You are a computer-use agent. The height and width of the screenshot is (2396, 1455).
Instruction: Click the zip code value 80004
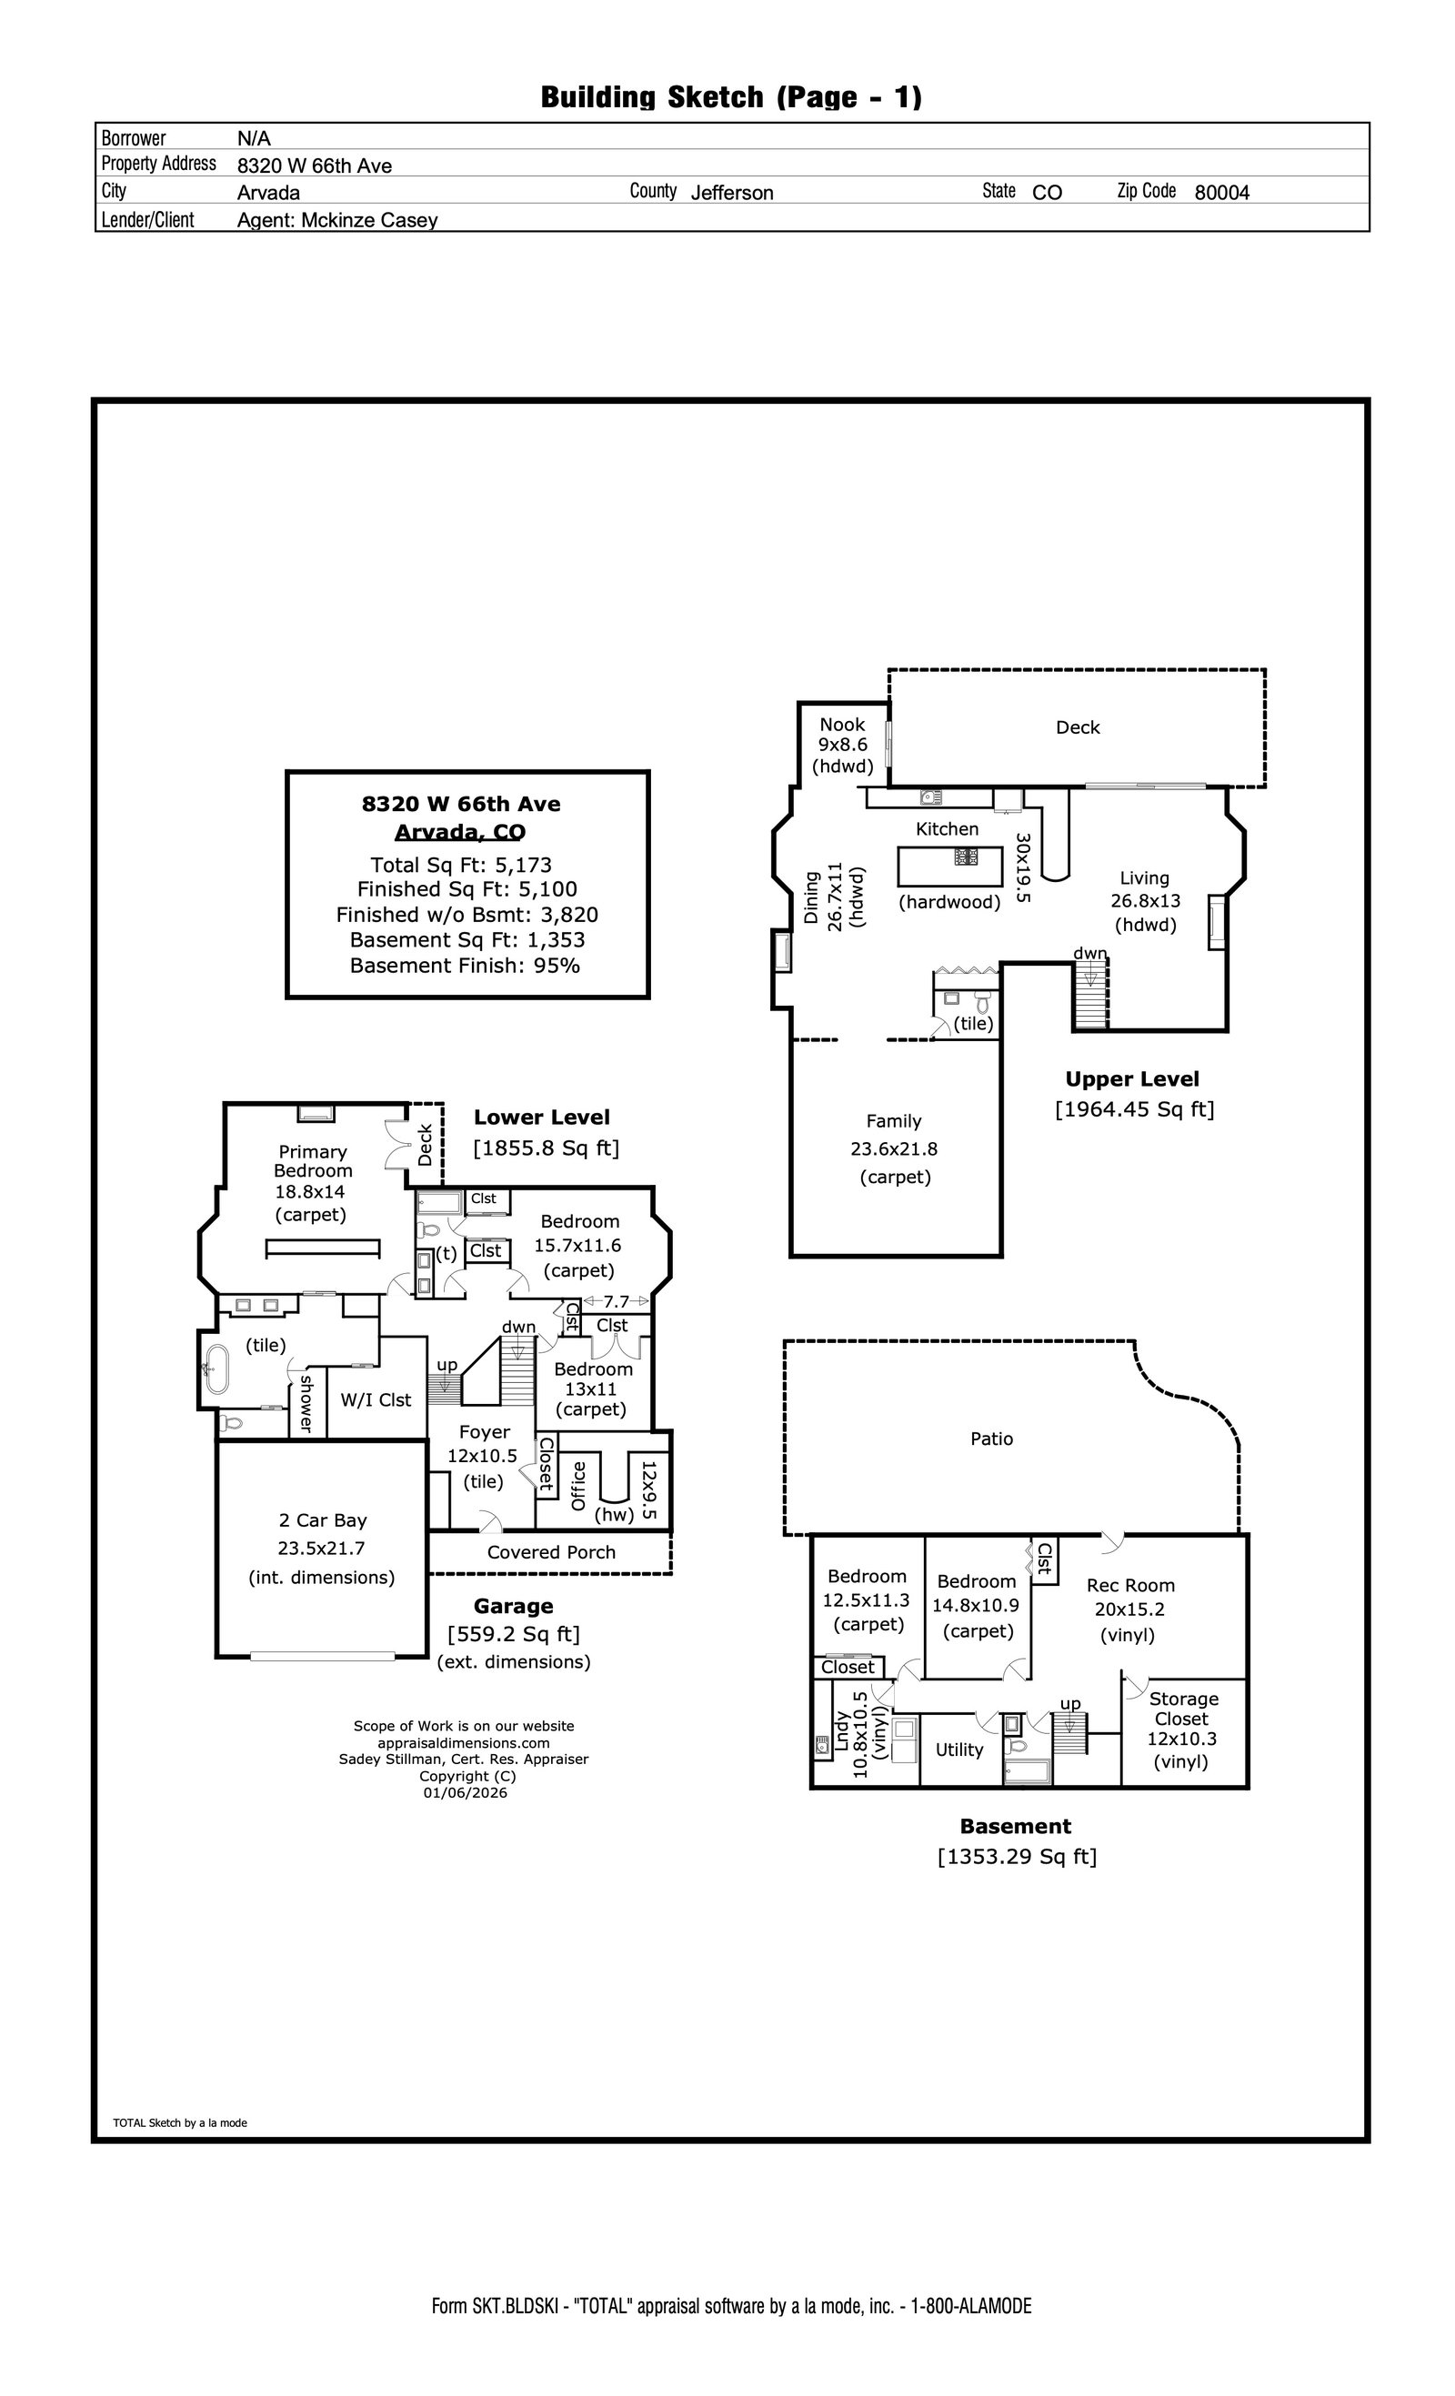pyautogui.click(x=1221, y=193)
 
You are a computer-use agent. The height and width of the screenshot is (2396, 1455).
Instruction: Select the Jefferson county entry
pyautogui.click(x=732, y=193)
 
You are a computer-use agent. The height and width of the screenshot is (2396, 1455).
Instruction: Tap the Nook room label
pyautogui.click(x=842, y=725)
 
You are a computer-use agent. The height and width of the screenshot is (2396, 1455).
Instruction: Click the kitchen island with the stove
pyautogui.click(x=949, y=865)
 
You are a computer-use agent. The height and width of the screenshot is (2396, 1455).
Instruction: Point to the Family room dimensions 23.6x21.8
pyautogui.click(x=894, y=1148)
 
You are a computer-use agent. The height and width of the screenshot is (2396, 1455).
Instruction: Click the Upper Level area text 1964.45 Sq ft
pyautogui.click(x=1134, y=1109)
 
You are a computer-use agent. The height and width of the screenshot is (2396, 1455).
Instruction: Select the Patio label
pyautogui.click(x=992, y=1439)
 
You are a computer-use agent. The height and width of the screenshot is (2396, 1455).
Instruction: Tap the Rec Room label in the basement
pyautogui.click(x=1130, y=1585)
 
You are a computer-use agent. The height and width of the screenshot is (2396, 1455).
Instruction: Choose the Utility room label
pyautogui.click(x=959, y=1749)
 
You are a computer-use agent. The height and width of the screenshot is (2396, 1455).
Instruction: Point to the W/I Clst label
pyautogui.click(x=376, y=1399)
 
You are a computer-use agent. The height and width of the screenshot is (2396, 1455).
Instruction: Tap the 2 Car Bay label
pyautogui.click(x=323, y=1519)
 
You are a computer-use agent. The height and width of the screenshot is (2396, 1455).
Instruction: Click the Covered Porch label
pyautogui.click(x=551, y=1552)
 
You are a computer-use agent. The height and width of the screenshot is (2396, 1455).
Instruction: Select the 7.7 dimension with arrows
pyautogui.click(x=616, y=1301)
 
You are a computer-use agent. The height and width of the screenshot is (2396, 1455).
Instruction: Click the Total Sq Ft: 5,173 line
pyautogui.click(x=461, y=865)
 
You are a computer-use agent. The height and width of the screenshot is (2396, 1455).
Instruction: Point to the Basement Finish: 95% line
pyautogui.click(x=465, y=966)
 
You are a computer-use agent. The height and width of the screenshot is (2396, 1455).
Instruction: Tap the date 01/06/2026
pyautogui.click(x=465, y=1792)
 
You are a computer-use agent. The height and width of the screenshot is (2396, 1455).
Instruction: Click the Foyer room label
pyautogui.click(x=485, y=1431)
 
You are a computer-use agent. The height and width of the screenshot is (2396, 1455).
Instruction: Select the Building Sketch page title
pyautogui.click(x=731, y=96)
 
